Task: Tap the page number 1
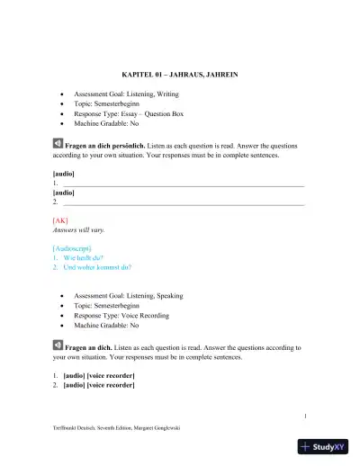click(x=305, y=416)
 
